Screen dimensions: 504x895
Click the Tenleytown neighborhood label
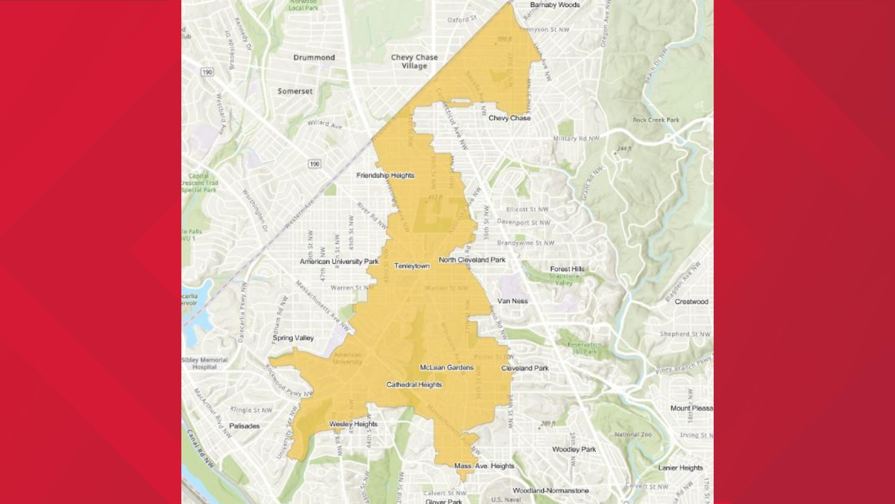(412, 266)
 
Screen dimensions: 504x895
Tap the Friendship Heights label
(385, 175)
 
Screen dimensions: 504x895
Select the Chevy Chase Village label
(414, 62)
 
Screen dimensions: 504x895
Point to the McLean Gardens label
(447, 368)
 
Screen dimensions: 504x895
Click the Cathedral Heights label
(414, 385)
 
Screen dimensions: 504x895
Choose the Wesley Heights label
(353, 424)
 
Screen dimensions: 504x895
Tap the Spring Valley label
(293, 338)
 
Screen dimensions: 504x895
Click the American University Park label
(339, 262)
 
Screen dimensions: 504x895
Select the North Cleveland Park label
(472, 260)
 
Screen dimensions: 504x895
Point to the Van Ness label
(512, 301)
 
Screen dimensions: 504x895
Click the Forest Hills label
(567, 269)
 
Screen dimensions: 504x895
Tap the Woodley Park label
(574, 449)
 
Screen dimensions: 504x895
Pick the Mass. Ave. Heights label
(484, 466)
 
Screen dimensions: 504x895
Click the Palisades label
(244, 426)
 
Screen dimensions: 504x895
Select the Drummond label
(314, 57)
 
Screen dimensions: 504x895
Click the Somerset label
(295, 91)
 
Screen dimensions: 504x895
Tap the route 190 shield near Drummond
(207, 72)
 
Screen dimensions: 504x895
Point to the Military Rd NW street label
(576, 139)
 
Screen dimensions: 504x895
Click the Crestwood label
(691, 302)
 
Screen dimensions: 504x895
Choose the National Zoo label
(633, 434)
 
